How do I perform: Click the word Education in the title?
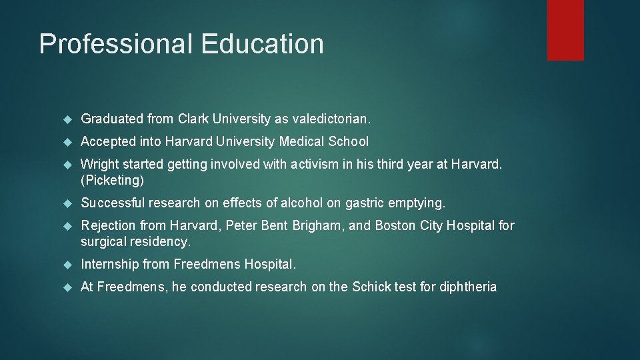tap(262, 44)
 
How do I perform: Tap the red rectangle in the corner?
tap(565, 30)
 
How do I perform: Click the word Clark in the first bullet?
tap(193, 119)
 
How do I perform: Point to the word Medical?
tap(302, 141)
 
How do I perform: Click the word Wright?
tap(99, 164)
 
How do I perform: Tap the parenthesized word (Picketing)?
tap(112, 181)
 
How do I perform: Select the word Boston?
tap(395, 225)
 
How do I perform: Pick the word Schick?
tap(370, 287)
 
